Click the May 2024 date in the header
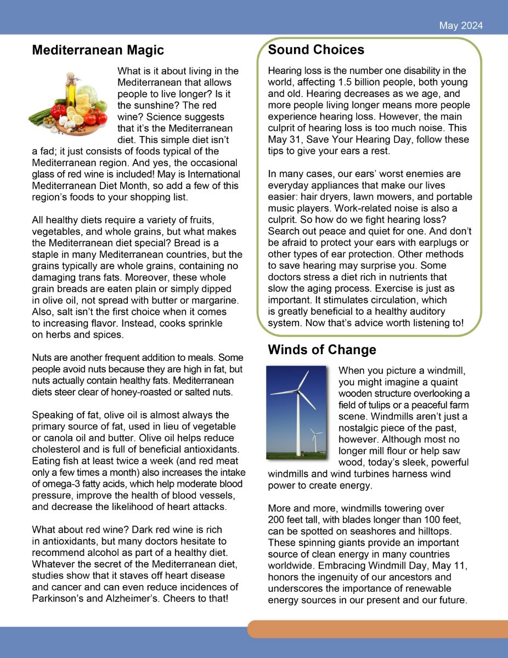click(x=461, y=26)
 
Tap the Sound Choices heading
click(x=316, y=50)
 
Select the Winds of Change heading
click(x=322, y=350)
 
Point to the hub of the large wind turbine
click(x=298, y=390)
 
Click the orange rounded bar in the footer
click(x=379, y=629)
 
